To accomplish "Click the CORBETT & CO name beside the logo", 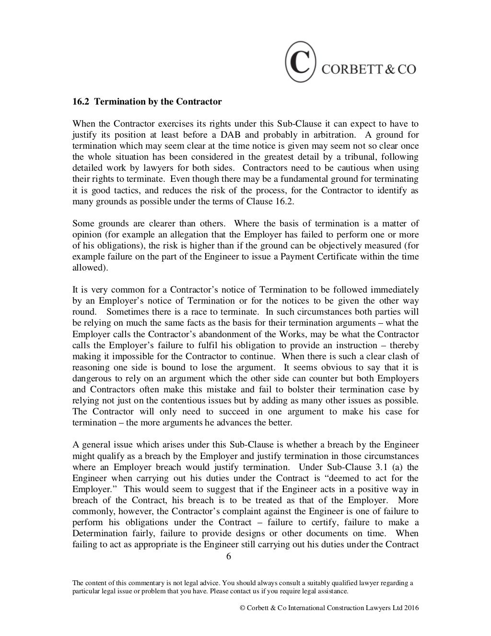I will [368, 69].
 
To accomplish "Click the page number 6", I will [228, 556].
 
